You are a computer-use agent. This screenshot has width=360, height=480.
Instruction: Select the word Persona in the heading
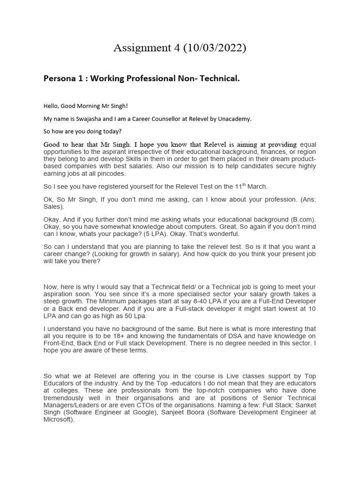60,79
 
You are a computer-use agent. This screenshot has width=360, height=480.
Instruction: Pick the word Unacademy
234,119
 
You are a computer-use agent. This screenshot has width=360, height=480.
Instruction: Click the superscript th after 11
243,184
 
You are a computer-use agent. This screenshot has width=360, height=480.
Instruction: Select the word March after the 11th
257,187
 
